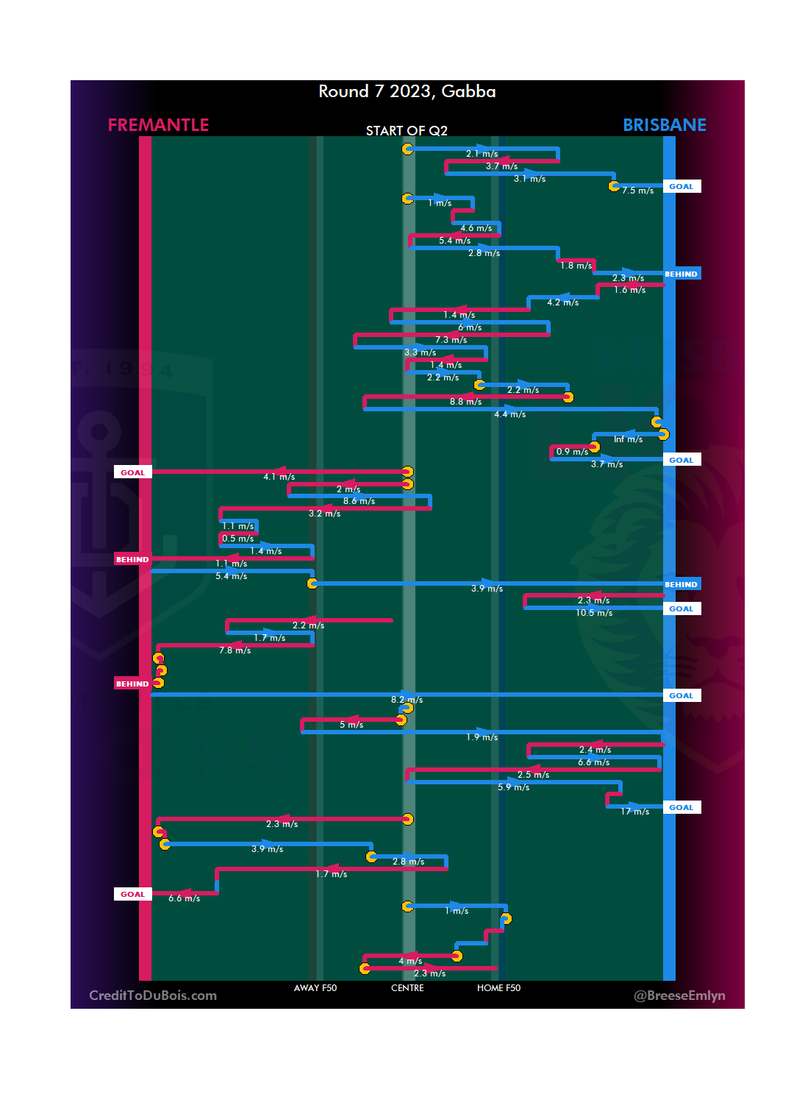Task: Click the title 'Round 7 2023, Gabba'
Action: click(x=407, y=91)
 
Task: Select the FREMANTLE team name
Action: click(x=158, y=125)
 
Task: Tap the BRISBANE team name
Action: click(x=664, y=125)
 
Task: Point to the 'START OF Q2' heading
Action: click(x=407, y=131)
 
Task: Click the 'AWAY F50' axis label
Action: click(x=315, y=988)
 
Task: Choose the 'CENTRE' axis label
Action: click(x=407, y=988)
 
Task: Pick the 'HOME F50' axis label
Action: click(x=498, y=988)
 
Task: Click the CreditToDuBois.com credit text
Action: click(x=153, y=996)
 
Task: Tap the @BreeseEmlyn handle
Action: click(x=679, y=996)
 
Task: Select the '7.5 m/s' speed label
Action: click(x=637, y=191)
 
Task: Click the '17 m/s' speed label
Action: click(x=634, y=812)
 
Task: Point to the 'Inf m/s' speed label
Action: click(x=628, y=439)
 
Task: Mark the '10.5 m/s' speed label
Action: click(x=594, y=613)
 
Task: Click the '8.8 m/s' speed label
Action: click(x=465, y=402)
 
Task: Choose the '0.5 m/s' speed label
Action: click(x=237, y=539)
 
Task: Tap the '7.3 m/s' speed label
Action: click(x=451, y=340)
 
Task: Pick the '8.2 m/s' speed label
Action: click(x=407, y=700)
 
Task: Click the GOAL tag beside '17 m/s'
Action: click(x=681, y=807)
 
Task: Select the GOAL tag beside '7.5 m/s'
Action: click(x=681, y=186)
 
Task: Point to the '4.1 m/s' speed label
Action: click(x=279, y=477)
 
